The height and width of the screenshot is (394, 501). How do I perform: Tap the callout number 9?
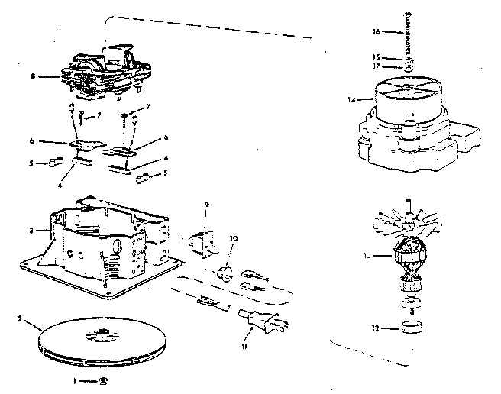pyautogui.click(x=207, y=205)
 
